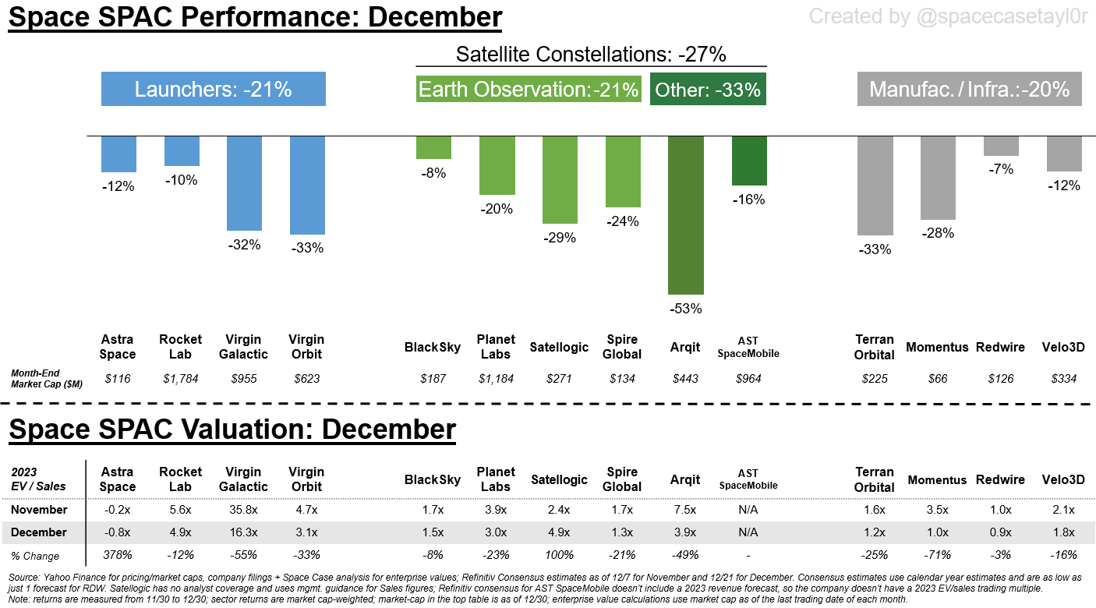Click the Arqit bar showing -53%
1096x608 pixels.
click(x=686, y=214)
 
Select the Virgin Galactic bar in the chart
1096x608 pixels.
click(x=245, y=183)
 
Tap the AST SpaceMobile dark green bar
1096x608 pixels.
click(x=749, y=161)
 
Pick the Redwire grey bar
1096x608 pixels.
click(x=1001, y=147)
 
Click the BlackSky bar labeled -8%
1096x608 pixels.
click(x=433, y=148)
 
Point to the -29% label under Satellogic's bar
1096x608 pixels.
click(x=559, y=238)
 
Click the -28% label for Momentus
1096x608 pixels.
click(x=937, y=233)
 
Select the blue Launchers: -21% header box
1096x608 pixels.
click(x=213, y=90)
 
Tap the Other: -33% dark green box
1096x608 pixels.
click(x=707, y=90)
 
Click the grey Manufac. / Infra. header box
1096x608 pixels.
click(x=969, y=90)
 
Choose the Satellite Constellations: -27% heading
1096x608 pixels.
click(x=591, y=55)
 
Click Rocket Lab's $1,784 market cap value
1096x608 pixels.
click(x=181, y=379)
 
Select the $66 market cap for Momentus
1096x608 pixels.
click(x=937, y=379)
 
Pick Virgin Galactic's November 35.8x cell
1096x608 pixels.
click(x=244, y=510)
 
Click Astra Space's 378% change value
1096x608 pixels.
click(x=118, y=555)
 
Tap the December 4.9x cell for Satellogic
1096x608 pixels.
click(x=559, y=532)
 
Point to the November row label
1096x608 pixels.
click(x=40, y=510)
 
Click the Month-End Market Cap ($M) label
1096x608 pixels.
click(x=47, y=379)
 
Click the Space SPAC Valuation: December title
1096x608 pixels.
click(x=232, y=429)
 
